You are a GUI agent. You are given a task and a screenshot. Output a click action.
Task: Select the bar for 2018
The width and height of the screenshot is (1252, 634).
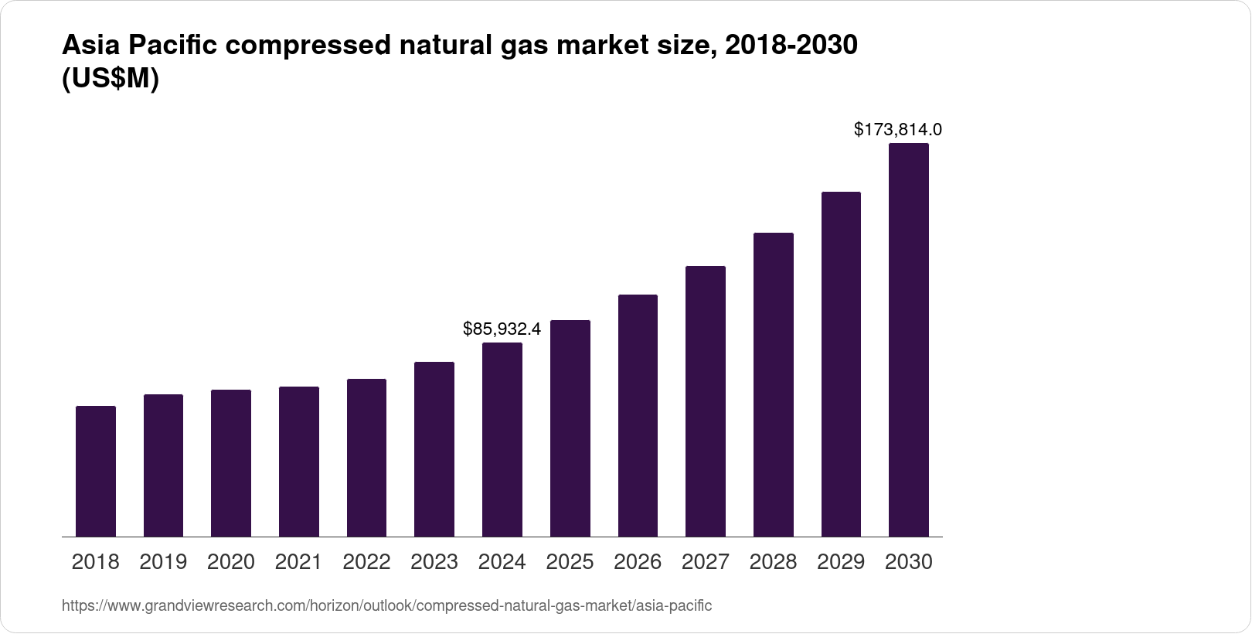point(96,471)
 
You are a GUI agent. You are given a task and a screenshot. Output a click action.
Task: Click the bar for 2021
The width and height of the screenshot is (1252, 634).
point(299,462)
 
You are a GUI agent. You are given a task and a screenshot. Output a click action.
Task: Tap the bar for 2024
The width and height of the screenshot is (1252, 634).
point(502,439)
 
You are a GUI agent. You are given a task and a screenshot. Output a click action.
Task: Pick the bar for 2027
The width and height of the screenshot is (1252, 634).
point(705,401)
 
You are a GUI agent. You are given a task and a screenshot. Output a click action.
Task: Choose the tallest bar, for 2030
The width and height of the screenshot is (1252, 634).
point(908,340)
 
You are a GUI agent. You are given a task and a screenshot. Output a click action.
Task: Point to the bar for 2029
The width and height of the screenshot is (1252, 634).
point(841,364)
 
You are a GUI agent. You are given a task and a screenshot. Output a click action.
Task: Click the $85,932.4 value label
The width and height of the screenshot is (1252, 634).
point(502,329)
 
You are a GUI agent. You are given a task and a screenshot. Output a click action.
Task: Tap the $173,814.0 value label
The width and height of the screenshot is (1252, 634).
point(897,130)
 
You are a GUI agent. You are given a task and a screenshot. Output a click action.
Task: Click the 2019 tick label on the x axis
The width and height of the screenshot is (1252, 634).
point(163,562)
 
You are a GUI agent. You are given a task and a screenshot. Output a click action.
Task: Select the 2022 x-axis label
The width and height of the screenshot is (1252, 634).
point(366,562)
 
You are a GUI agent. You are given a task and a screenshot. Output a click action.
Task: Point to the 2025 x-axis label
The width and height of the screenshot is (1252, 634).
point(570,562)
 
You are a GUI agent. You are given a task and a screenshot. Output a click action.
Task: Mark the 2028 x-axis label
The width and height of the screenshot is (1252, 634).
point(773,562)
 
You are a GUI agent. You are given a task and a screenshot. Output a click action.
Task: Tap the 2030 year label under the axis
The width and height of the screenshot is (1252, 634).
point(908,562)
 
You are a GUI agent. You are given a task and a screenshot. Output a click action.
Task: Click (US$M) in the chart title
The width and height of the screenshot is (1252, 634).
point(110,79)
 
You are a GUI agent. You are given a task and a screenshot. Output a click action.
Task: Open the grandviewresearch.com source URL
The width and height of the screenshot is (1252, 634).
point(386,605)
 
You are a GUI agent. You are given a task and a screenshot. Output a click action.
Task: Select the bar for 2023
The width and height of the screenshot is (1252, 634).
point(434,449)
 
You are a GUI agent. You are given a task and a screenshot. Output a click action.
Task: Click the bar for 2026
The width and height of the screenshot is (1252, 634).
point(638,415)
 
